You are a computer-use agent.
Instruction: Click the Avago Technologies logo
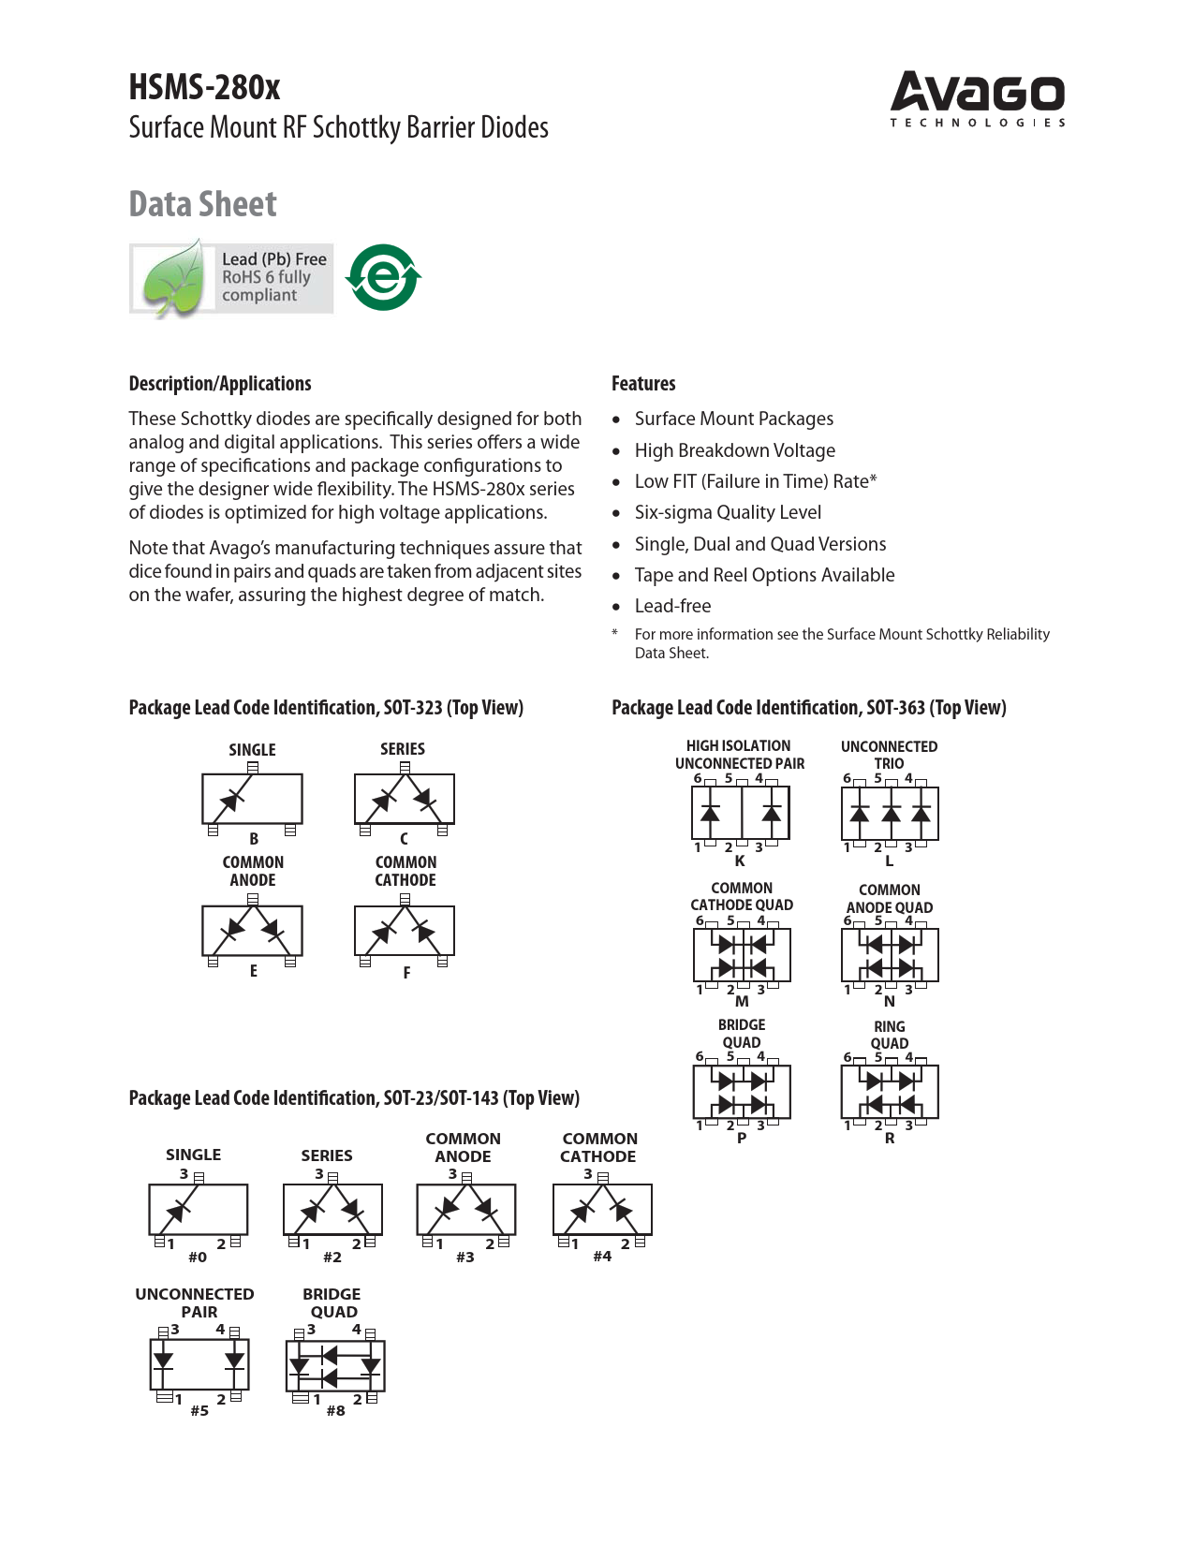977,97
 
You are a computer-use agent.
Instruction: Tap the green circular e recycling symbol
383,277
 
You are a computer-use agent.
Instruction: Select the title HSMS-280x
204,87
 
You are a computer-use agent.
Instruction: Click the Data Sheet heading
202,204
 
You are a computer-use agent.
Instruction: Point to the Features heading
643,384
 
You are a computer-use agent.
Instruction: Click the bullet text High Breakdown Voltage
734,450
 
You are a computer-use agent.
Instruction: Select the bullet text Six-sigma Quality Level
728,512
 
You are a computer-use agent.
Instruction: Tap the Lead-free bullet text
672,606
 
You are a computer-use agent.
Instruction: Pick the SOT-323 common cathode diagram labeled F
405,931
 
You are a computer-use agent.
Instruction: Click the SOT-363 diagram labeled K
740,813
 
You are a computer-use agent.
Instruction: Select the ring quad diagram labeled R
890,1092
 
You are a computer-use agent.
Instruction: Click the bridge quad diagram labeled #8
335,1365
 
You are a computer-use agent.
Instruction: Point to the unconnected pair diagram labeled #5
199,1364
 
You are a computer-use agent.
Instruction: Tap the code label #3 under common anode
465,1257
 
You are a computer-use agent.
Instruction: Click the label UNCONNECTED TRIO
889,755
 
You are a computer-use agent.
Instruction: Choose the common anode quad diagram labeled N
890,955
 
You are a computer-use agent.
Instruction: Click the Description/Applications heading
220,384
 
